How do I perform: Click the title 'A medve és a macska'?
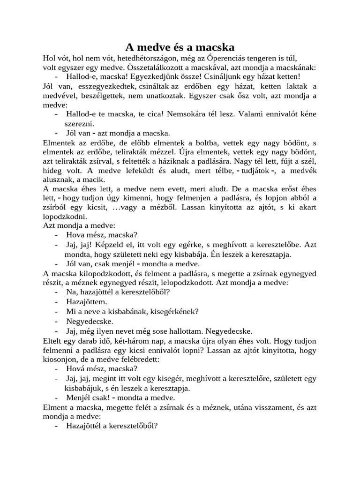tap(180, 47)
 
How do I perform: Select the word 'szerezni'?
tap(79, 123)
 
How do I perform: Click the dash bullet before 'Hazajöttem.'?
tap(57, 301)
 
